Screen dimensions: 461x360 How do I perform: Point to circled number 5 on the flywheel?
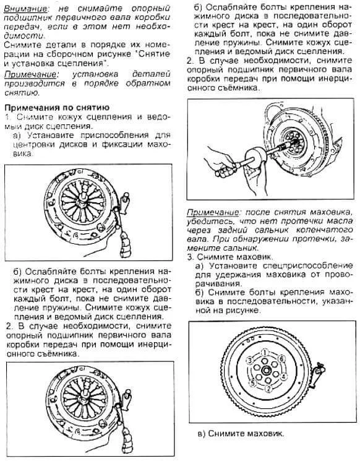[x=253, y=383]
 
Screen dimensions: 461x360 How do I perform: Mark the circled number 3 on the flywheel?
[x=249, y=360]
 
